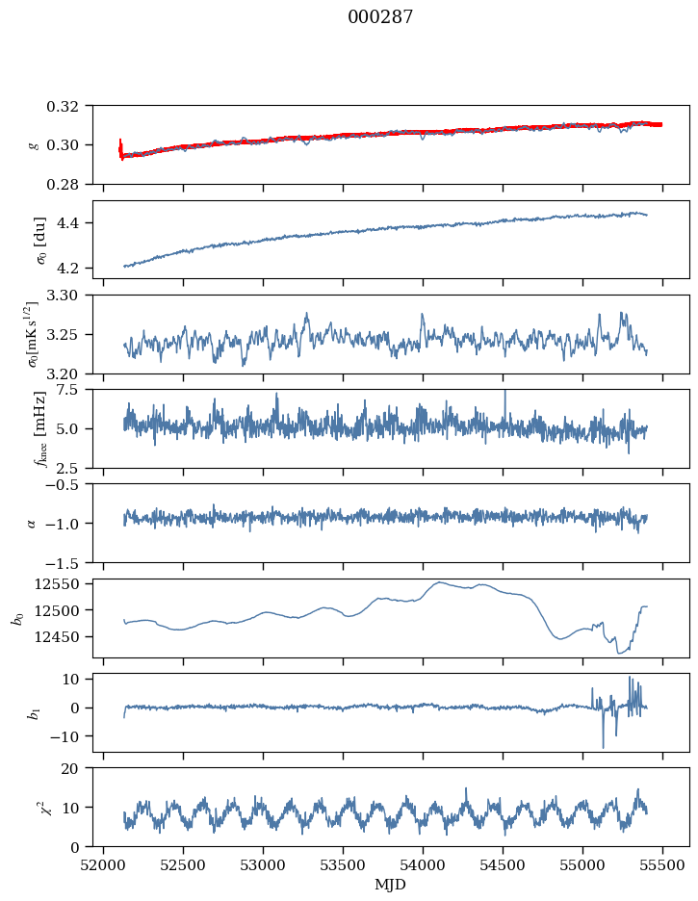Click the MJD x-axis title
pyautogui.click(x=391, y=885)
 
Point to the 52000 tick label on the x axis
pyautogui.click(x=105, y=864)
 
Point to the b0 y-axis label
pyautogui.click(x=16, y=618)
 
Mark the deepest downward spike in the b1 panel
pyautogui.click(x=604, y=747)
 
